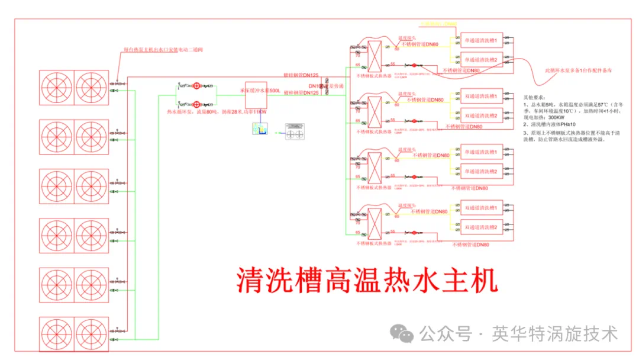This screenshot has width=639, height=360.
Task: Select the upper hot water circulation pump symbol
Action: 197,86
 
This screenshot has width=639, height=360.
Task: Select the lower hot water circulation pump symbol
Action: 197,102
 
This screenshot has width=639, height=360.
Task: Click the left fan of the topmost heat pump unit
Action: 56,88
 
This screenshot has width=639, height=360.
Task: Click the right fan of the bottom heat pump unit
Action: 92,335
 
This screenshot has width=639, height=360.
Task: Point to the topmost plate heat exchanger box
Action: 376,56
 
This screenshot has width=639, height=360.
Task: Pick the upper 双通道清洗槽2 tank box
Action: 482,115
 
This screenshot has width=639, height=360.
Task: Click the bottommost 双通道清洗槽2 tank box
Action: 482,227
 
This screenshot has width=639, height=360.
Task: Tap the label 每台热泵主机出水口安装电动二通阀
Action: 163,50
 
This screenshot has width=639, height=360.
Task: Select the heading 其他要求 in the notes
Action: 535,96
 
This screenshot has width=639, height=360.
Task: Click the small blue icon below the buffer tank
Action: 259,131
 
